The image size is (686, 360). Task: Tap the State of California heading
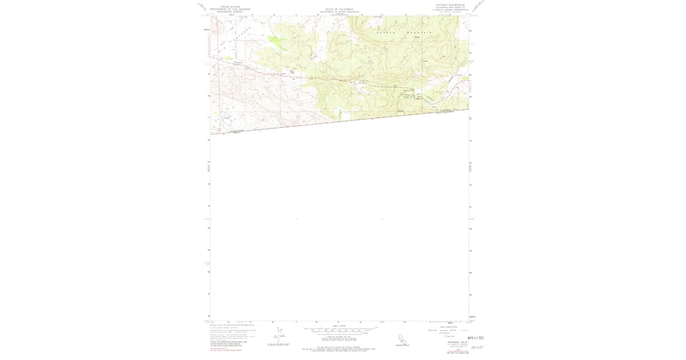(339, 10)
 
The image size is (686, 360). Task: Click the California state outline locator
(404, 340)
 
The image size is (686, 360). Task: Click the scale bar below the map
(340, 330)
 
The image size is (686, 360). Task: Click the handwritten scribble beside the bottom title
(477, 347)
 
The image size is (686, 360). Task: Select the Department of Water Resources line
(339, 12)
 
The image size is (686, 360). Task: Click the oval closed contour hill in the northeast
(445, 57)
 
